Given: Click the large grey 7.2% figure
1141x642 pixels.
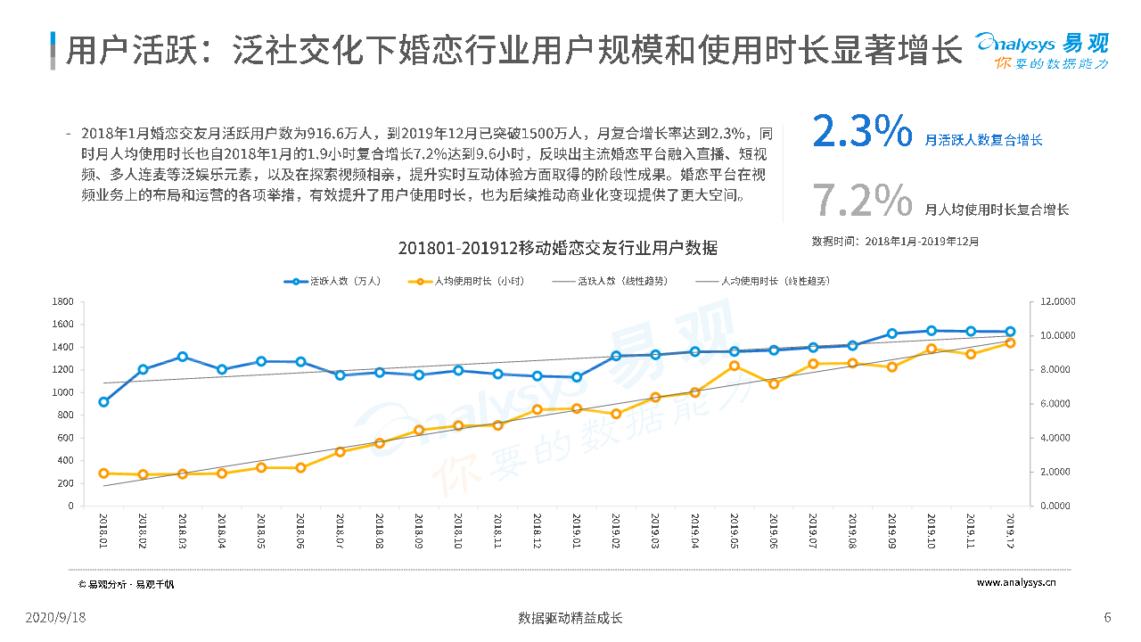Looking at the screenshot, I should [862, 200].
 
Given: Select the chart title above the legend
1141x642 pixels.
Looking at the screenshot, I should [557, 248].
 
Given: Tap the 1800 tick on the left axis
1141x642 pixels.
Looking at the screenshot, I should [62, 301].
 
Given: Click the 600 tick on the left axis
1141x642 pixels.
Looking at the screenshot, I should [65, 438].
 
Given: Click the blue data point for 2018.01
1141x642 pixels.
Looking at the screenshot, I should [103, 402].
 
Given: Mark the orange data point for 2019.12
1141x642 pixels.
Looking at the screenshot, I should [1010, 342].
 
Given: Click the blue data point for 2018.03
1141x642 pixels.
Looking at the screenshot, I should [183, 357].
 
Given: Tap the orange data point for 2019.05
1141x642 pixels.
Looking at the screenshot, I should [735, 366].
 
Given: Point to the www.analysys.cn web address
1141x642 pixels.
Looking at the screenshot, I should [1016, 583].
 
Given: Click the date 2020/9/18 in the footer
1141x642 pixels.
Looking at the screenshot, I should [55, 617].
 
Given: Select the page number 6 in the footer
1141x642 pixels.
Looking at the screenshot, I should [1107, 617].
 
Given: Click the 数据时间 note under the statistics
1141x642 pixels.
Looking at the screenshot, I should [895, 242].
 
